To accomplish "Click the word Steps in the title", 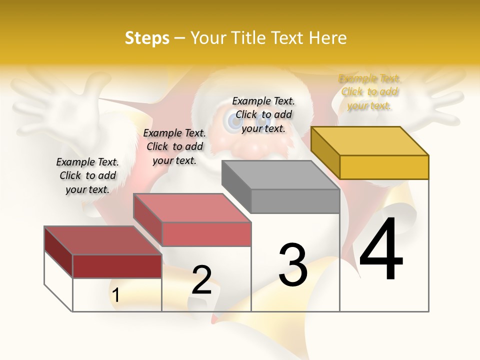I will (147, 38).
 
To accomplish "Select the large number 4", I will (381, 250).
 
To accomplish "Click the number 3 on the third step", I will (293, 265).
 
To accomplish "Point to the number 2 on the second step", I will (202, 280).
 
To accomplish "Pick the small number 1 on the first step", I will (116, 295).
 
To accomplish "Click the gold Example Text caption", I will (369, 92).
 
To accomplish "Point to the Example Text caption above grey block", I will (263, 114).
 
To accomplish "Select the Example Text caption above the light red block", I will (174, 146).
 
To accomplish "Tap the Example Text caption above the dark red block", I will (87, 175).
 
